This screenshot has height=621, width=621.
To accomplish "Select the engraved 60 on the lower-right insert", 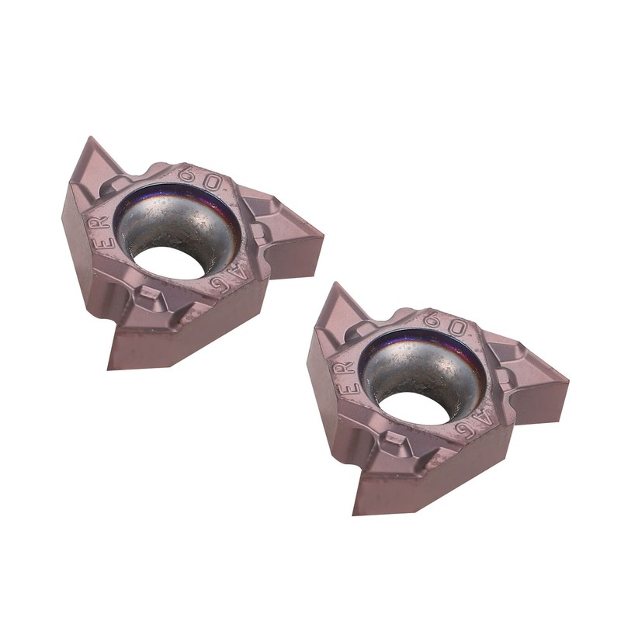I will click(447, 328).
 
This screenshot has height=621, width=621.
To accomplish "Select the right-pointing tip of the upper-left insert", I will click(321, 233).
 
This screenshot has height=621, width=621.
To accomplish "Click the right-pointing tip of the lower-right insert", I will click(567, 380).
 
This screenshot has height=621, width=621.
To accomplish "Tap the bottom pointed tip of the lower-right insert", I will click(357, 513).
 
